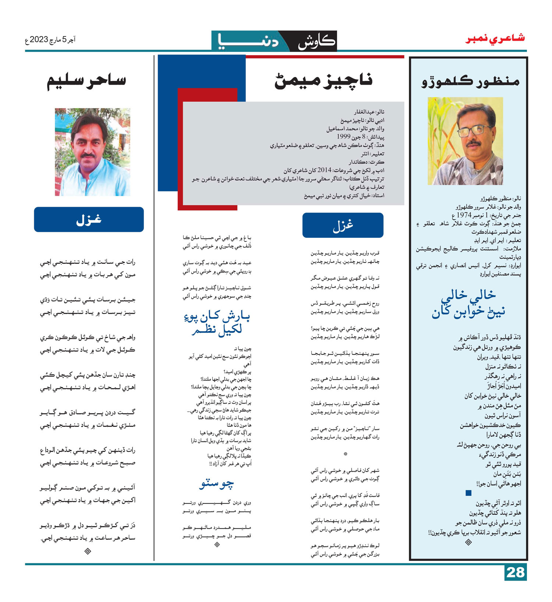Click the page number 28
tap(515, 573)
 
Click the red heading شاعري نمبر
tap(495, 38)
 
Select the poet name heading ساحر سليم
tap(87, 81)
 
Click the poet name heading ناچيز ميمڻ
tap(323, 81)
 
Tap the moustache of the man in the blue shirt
tap(88, 156)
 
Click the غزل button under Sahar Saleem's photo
tap(89, 219)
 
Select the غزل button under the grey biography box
tap(343, 225)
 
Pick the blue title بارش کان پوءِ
tap(217, 316)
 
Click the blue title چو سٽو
tap(216, 484)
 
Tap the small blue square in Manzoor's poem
tap(468, 493)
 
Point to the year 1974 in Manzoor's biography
tap(464, 215)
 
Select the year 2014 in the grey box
tap(324, 170)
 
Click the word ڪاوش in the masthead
tap(316, 42)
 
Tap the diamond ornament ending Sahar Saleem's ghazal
tap(88, 551)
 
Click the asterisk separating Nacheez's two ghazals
tap(345, 454)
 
